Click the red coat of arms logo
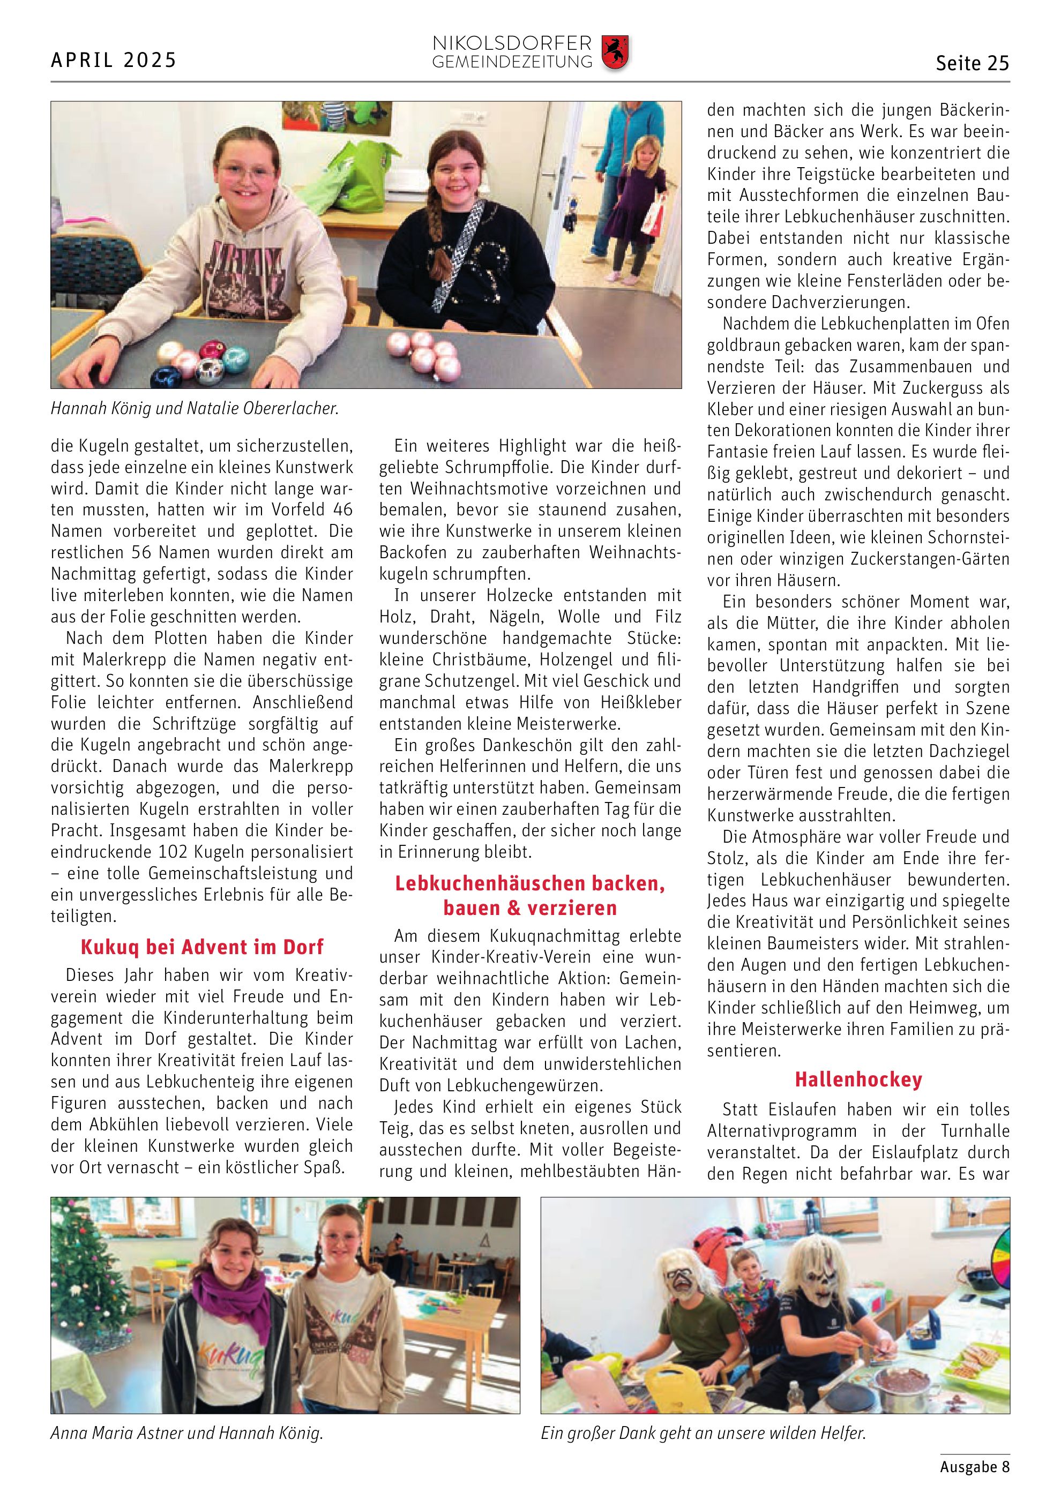point(615,53)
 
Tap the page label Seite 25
point(972,63)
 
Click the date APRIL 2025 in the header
point(114,61)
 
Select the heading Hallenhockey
point(858,1080)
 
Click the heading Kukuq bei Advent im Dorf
point(202,947)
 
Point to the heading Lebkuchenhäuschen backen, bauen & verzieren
point(530,896)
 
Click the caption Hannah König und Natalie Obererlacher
point(195,409)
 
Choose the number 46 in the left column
point(343,509)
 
